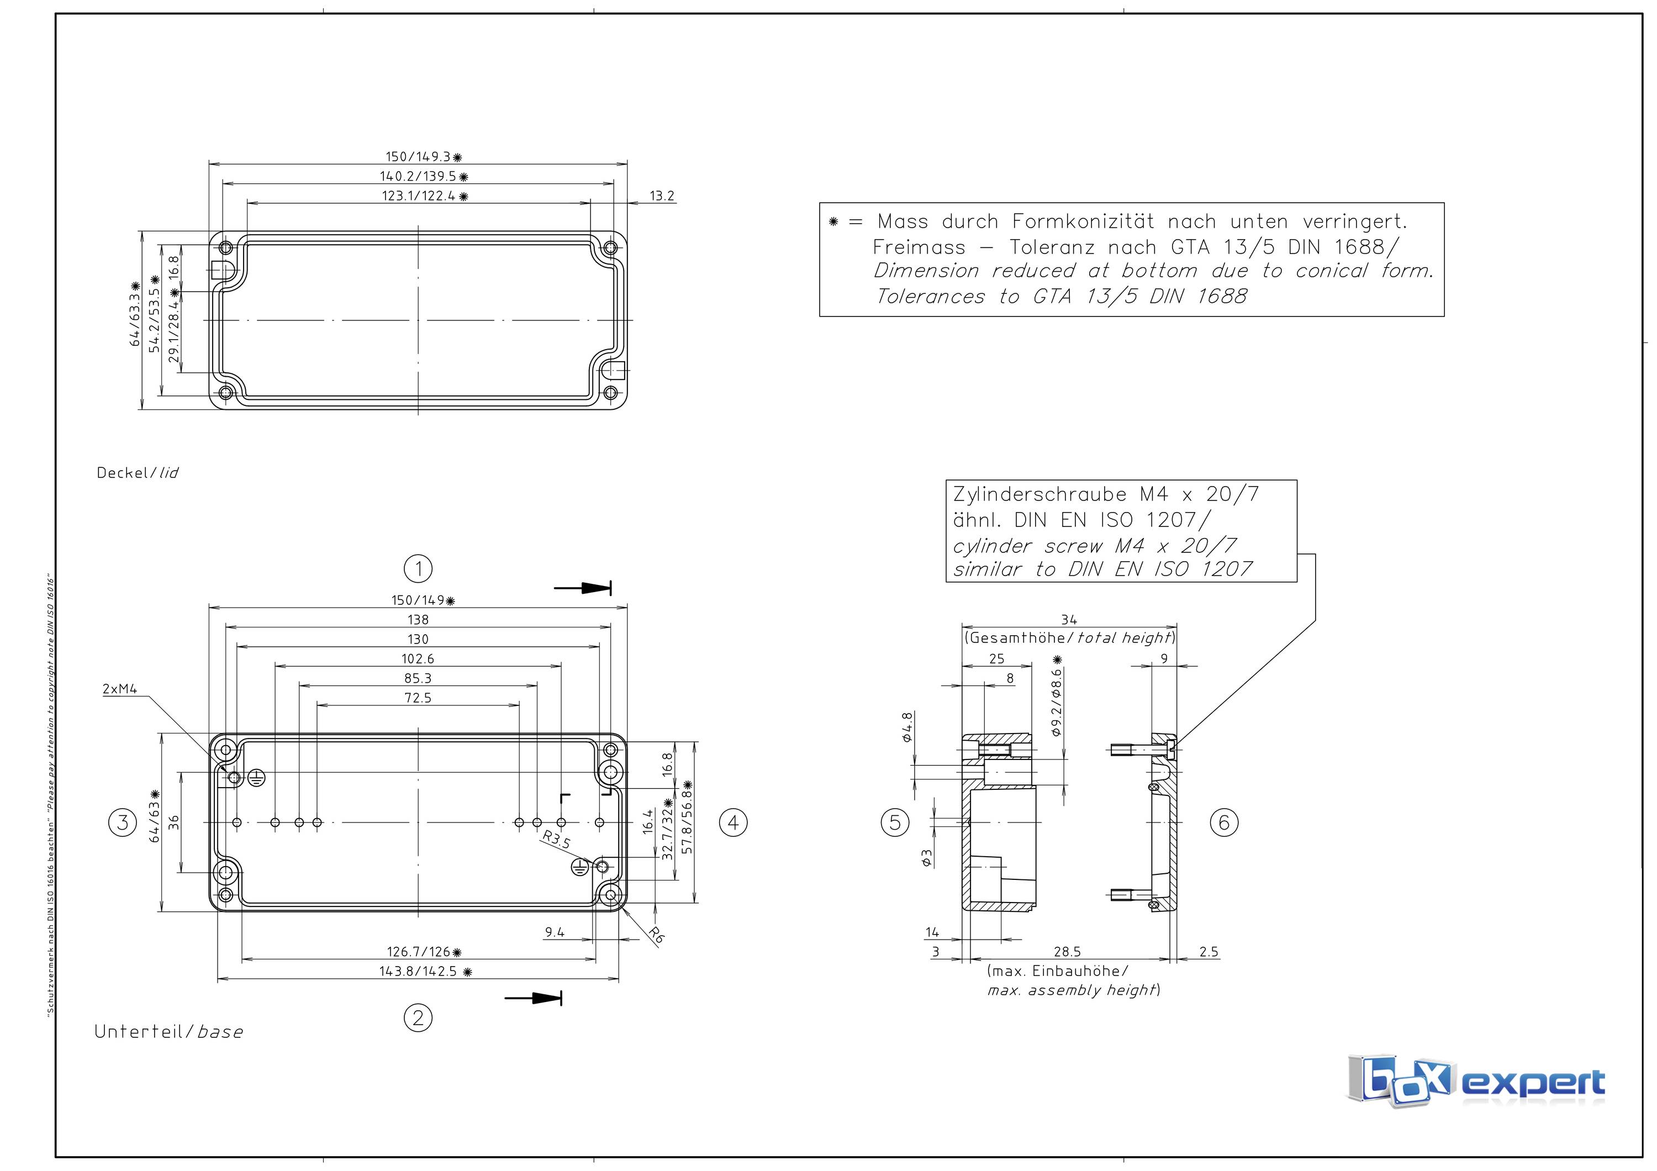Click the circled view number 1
[x=418, y=568]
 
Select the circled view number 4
[x=733, y=822]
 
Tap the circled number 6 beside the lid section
[x=1223, y=822]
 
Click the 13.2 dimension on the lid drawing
[x=661, y=196]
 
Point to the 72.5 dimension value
[x=418, y=698]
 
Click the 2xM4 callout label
[x=120, y=689]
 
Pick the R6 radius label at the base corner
[x=655, y=935]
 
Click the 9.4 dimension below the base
[x=554, y=932]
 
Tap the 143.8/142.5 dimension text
[x=419, y=971]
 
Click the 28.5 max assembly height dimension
[x=1067, y=952]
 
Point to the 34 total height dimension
[x=1069, y=619]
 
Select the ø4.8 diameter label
[x=907, y=726]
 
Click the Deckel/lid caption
[x=137, y=473]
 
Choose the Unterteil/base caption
[x=168, y=1032]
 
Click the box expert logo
[x=1475, y=1081]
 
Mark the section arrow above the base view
[x=583, y=588]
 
